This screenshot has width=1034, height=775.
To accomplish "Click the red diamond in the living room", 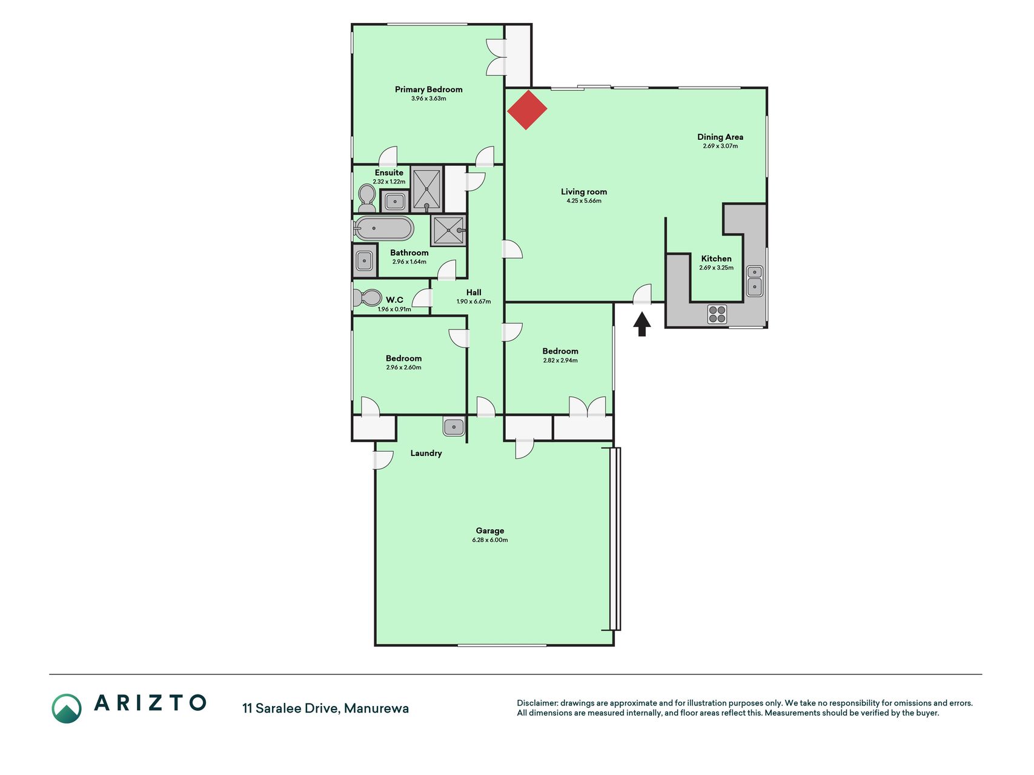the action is tap(527, 110).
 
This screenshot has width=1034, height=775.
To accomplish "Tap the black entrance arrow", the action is tap(642, 324).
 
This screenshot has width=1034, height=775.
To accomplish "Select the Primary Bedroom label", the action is tap(428, 90).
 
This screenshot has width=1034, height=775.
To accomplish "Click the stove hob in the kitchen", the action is tap(717, 314).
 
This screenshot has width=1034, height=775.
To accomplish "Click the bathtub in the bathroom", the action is tap(383, 229).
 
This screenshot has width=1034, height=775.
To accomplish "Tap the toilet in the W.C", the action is tap(366, 298).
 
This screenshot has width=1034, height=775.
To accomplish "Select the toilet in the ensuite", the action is tap(366, 198).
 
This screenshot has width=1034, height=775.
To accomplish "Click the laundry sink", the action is tap(454, 427).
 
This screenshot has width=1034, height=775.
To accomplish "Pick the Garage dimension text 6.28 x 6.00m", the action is tap(490, 540).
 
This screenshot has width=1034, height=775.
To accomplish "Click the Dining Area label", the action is tap(720, 137).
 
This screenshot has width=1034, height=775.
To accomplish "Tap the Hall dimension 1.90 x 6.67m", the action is tap(474, 302).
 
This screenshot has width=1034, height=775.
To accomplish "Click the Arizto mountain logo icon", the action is tap(67, 708).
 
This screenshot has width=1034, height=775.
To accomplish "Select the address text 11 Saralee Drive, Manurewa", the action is tap(325, 708).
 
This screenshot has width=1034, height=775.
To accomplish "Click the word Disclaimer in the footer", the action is tap(537, 703).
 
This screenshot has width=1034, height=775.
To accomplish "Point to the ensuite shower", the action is tap(426, 189).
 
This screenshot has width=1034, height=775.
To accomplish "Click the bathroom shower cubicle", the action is tap(449, 230).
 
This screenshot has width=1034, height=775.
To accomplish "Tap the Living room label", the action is tap(584, 192).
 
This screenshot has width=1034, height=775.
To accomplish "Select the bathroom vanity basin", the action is tap(365, 260).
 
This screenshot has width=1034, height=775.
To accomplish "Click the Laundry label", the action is tap(426, 453).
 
